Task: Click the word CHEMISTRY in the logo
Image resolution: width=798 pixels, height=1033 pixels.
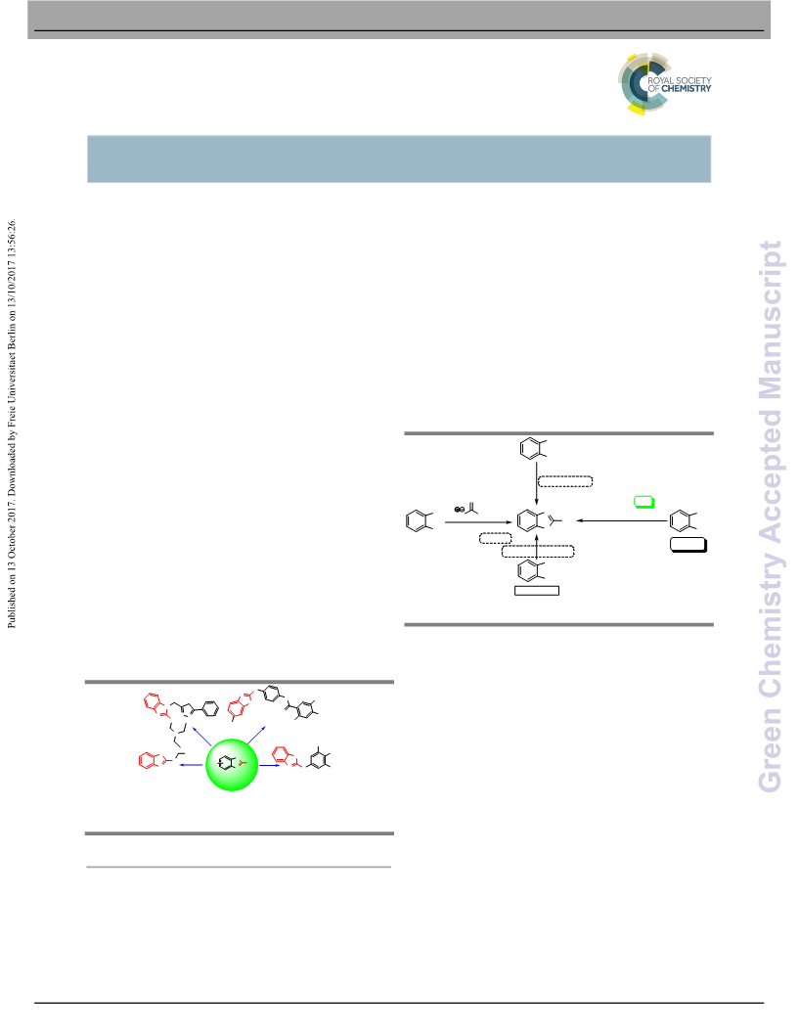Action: click(x=687, y=88)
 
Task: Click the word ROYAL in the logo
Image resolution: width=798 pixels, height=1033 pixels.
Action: click(x=660, y=79)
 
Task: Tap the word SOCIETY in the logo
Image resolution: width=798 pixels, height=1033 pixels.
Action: click(x=693, y=79)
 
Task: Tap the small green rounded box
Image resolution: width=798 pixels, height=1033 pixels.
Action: click(x=643, y=502)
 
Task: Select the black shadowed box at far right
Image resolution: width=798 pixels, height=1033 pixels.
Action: click(x=688, y=545)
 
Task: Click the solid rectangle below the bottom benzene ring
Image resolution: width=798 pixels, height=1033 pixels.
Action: click(x=537, y=591)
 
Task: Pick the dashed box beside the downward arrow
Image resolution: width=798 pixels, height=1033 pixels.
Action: click(x=565, y=481)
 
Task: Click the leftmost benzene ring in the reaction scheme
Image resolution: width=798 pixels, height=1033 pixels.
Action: click(x=417, y=521)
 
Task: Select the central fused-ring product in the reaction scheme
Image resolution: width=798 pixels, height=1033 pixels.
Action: click(x=539, y=520)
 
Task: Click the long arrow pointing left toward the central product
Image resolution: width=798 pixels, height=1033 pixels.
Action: click(x=622, y=521)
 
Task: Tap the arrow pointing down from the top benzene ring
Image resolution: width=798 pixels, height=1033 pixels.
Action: click(x=537, y=483)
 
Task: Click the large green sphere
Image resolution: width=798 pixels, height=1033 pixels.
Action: click(x=232, y=764)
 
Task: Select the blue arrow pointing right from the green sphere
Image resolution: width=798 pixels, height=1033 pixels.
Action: click(x=270, y=766)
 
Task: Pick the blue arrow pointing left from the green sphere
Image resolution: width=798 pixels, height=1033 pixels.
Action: click(x=191, y=765)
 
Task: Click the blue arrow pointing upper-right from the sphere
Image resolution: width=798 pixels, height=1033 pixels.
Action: click(x=256, y=736)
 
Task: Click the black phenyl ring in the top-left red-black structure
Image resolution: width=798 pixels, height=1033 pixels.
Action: click(x=210, y=709)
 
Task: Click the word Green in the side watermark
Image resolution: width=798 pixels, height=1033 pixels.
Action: click(x=770, y=750)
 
